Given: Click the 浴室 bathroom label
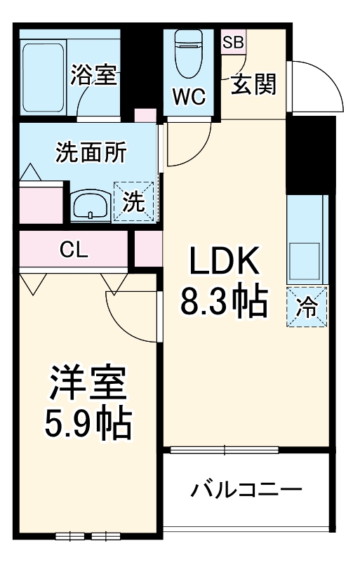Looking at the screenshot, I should [93, 76].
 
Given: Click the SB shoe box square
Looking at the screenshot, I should [232, 41].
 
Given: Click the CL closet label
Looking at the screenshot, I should [74, 250].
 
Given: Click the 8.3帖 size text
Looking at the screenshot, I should [223, 302].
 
